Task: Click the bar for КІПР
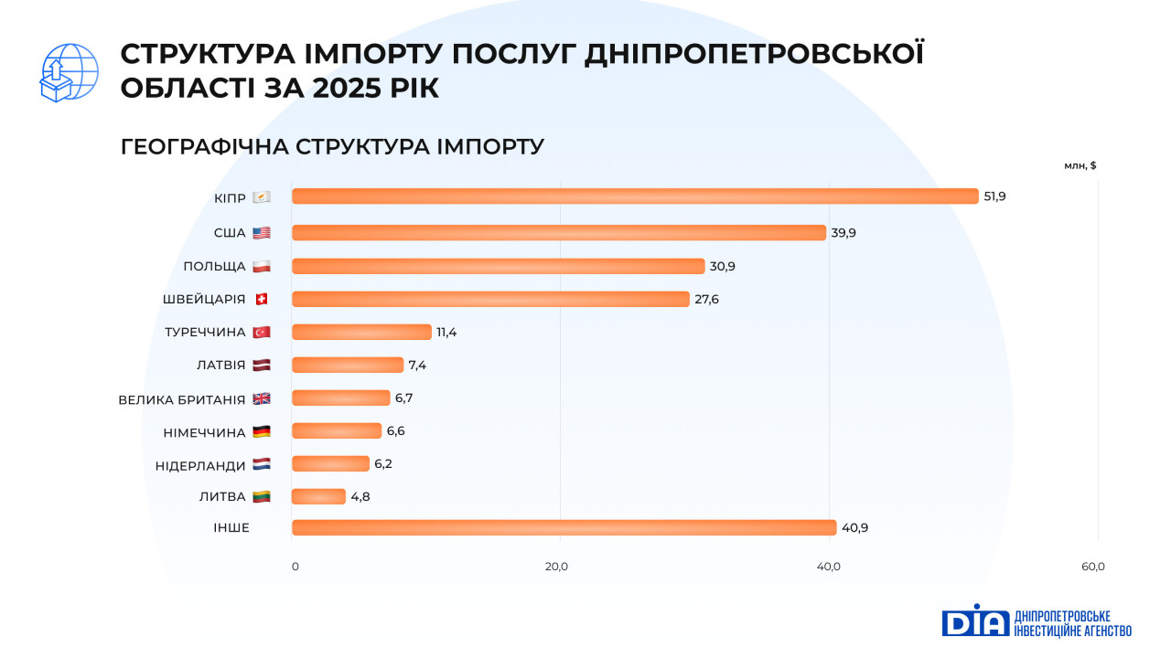point(635,196)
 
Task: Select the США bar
point(559,233)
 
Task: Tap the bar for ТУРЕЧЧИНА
point(361,332)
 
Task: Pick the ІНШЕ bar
point(564,527)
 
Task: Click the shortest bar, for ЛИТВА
point(318,496)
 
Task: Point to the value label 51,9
point(994,196)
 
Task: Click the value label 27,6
point(706,299)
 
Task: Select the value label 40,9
point(854,527)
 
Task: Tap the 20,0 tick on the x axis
point(557,567)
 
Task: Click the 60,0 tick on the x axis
point(1093,567)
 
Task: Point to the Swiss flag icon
point(262,299)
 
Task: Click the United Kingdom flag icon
point(262,398)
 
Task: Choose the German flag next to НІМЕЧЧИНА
point(262,431)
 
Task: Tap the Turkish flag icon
point(262,332)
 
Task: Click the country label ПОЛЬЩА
point(214,266)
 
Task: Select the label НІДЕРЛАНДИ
point(200,464)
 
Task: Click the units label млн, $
point(1080,165)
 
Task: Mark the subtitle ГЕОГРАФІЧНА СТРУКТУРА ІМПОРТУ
point(332,146)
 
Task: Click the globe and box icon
point(69,72)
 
